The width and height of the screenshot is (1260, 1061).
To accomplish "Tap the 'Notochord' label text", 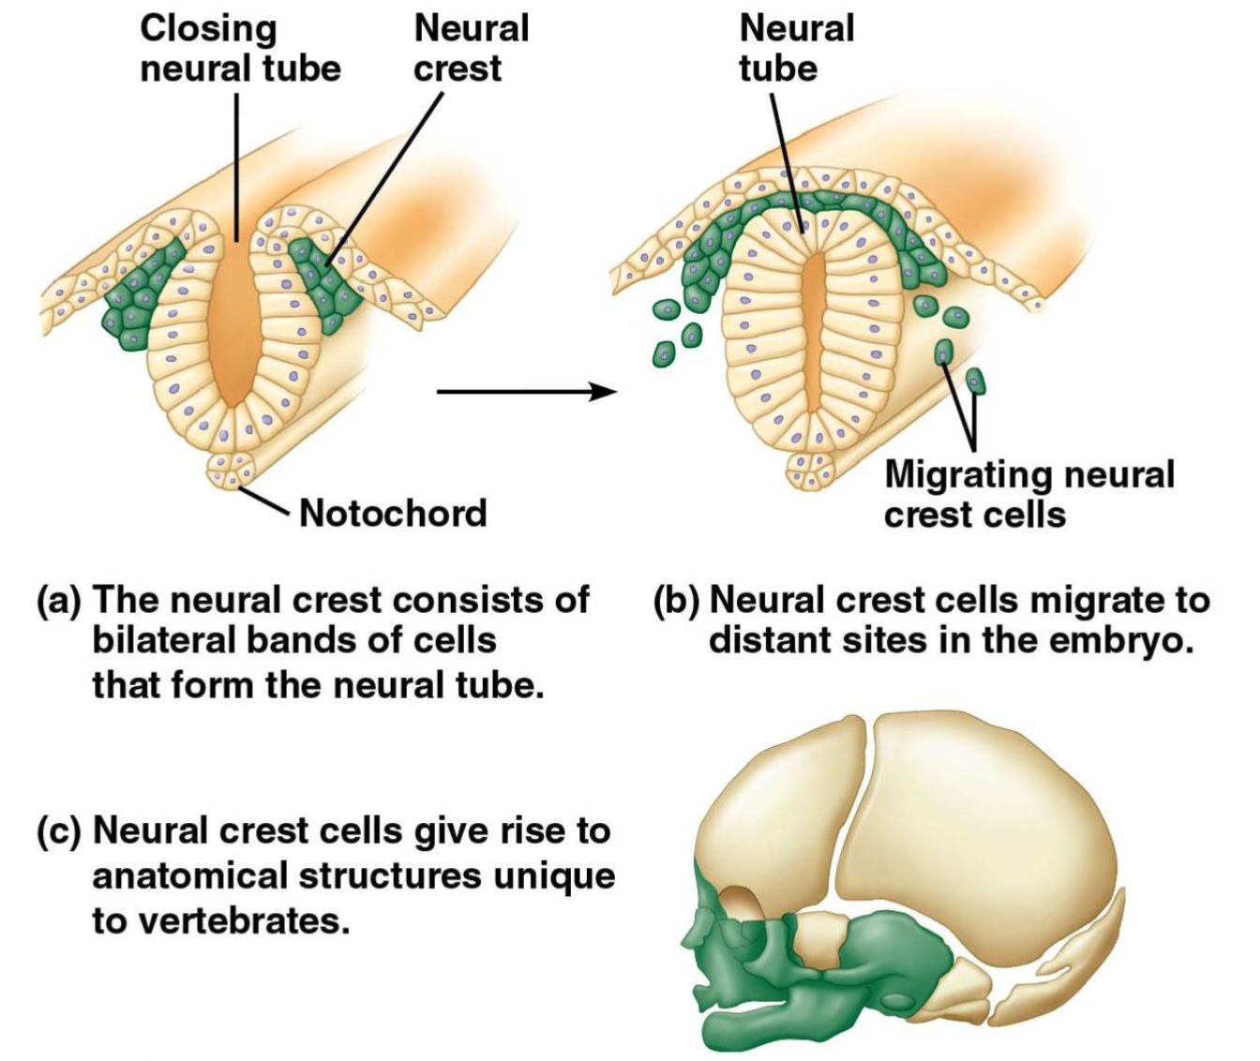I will pos(393,513).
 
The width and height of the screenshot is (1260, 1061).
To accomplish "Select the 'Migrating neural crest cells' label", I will pos(1028,494).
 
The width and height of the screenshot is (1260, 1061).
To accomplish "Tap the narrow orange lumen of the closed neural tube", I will pos(812,319).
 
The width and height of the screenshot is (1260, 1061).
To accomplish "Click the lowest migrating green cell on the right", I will pos(975,381).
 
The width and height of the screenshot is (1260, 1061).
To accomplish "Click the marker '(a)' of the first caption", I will pos(59,600).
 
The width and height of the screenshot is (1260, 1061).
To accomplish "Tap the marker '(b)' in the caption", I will pos(676,600).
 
